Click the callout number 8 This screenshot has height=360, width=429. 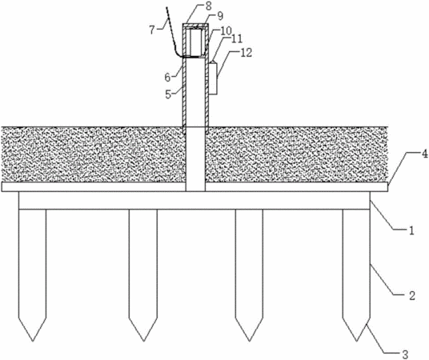[x=209, y=6]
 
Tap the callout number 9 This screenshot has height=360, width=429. [x=220, y=16]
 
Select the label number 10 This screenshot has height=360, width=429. [x=227, y=30]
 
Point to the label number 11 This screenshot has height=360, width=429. [x=237, y=38]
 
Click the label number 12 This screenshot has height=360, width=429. [x=247, y=53]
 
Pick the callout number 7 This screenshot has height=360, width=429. [x=153, y=30]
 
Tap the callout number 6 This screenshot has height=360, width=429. [x=167, y=78]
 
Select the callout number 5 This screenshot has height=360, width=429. [x=168, y=94]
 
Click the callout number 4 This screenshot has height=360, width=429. [x=424, y=154]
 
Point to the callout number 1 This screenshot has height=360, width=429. [x=411, y=230]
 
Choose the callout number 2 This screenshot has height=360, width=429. [x=412, y=295]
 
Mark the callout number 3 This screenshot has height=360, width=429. [x=405, y=354]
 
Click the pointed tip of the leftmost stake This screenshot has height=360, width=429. [x=33, y=341]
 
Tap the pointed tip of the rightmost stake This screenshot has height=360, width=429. [x=356, y=341]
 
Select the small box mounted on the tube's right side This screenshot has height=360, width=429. [x=213, y=78]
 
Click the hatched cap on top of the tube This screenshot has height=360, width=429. [x=196, y=26]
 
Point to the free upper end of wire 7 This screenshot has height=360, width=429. [x=166, y=8]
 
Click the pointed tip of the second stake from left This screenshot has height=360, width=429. [x=143, y=341]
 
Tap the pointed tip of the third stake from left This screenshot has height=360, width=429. [x=249, y=341]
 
